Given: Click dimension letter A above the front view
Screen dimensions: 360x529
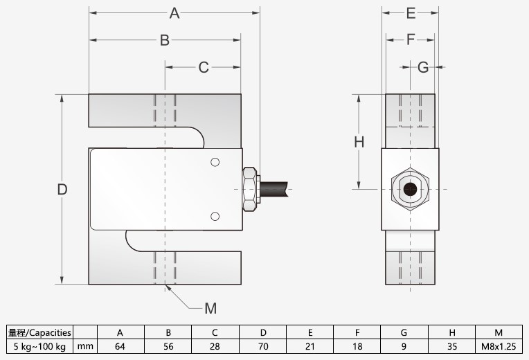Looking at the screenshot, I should click(174, 13).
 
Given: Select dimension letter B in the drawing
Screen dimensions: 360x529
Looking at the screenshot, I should click(165, 40).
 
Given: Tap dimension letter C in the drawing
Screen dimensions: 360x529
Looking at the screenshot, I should click(204, 67).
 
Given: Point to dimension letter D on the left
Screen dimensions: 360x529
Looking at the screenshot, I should click(62, 190).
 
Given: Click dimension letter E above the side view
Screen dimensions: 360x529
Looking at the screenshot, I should click(411, 13).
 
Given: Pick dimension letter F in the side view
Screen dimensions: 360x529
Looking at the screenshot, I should click(411, 40).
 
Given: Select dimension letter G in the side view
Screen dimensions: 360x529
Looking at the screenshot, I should click(423, 67).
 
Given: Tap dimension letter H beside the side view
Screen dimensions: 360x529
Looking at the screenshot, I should click(359, 142).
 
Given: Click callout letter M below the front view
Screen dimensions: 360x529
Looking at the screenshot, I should click(211, 307).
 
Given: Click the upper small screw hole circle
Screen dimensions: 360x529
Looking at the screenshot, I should click(215, 163).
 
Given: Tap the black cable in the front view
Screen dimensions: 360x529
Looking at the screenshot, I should click(276, 188).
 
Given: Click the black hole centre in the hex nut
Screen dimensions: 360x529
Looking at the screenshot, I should click(411, 188).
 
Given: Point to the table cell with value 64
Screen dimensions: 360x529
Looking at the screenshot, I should click(120, 345).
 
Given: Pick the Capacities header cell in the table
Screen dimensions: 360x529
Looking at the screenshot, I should click(39, 332).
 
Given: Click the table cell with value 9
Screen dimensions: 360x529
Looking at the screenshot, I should click(404, 345).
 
